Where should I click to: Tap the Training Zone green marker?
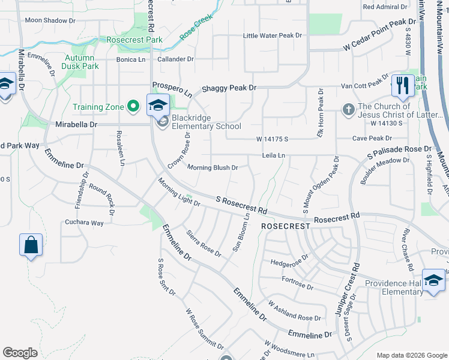pyautogui.click(x=133, y=107)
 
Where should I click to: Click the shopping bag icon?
pyautogui.click(x=31, y=245)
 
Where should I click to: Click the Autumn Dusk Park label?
pyautogui.click(x=80, y=62)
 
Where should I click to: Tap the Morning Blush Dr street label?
pyautogui.click(x=212, y=168)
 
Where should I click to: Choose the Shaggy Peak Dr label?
pyautogui.click(x=229, y=88)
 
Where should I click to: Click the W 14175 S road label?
pyautogui.click(x=273, y=139)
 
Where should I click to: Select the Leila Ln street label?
pyautogui.click(x=273, y=155)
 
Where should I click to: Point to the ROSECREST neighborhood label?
pyautogui.click(x=285, y=226)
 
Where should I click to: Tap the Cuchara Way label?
pyautogui.click(x=84, y=223)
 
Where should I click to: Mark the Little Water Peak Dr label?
pyautogui.click(x=272, y=36)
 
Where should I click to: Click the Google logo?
pyautogui.click(x=20, y=353)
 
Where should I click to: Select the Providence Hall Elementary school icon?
pyautogui.click(x=433, y=280)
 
